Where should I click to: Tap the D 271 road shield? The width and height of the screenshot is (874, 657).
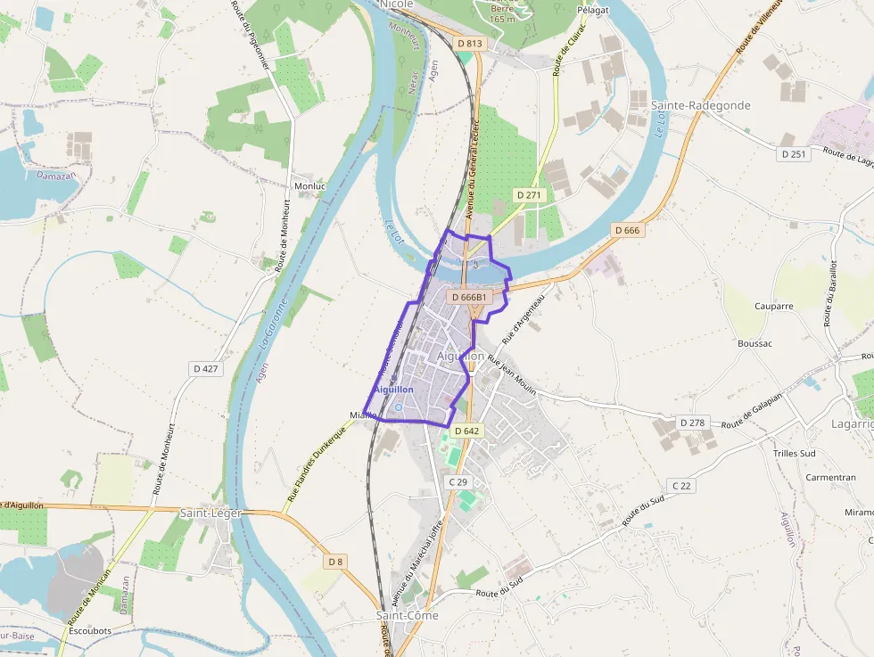[529, 194]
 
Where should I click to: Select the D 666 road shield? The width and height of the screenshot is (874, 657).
[627, 230]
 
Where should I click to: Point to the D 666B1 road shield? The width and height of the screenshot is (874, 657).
[469, 297]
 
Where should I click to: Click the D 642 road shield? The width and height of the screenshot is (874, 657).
[466, 431]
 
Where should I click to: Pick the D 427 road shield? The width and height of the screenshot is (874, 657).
[205, 368]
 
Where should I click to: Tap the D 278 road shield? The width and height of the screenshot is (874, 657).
[692, 422]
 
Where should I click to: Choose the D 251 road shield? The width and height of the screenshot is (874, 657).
[793, 154]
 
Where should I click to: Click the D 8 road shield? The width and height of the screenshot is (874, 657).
[334, 562]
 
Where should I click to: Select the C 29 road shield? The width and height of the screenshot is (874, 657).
[458, 481]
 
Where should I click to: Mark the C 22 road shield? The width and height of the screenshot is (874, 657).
[680, 485]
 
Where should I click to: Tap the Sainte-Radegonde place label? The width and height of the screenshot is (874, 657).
[700, 105]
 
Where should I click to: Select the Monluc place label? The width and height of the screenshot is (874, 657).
[310, 185]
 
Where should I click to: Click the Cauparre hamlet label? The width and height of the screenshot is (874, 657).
[773, 306]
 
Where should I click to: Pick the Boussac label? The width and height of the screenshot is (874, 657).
[754, 343]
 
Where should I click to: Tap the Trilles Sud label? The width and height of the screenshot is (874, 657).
[794, 453]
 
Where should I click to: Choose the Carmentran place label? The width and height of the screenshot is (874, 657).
[830, 478]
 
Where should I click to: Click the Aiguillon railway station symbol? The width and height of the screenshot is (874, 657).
[398, 408]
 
